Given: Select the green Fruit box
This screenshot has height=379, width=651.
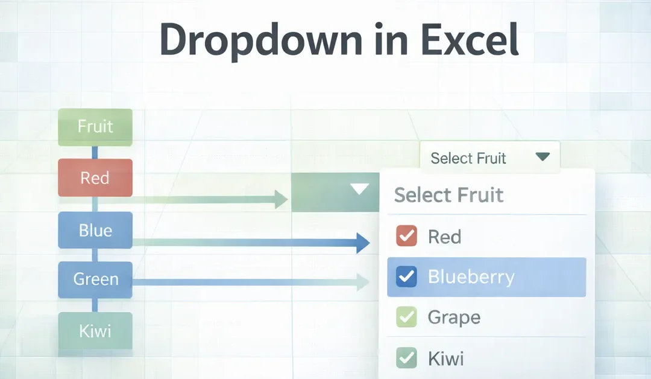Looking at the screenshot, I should pyautogui.click(x=95, y=127).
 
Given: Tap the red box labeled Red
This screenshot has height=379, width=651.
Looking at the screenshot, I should pyautogui.click(x=95, y=178).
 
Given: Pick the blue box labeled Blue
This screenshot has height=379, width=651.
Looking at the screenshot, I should pyautogui.click(x=95, y=231).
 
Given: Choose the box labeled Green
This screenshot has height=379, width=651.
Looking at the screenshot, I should pyautogui.click(x=95, y=279).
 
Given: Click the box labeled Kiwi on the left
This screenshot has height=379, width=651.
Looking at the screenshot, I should pyautogui.click(x=95, y=331).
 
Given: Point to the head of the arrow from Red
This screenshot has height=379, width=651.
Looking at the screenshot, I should pyautogui.click(x=281, y=199).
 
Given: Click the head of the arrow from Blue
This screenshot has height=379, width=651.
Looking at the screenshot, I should pyautogui.click(x=362, y=243).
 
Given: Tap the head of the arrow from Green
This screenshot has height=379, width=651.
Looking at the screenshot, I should pyautogui.click(x=363, y=281).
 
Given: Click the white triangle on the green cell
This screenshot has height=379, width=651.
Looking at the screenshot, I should pyautogui.click(x=359, y=189).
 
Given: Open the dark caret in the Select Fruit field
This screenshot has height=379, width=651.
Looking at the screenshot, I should pyautogui.click(x=542, y=158).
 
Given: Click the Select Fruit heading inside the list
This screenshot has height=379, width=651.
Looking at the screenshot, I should pyautogui.click(x=448, y=195).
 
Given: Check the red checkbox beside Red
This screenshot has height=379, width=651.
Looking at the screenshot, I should pyautogui.click(x=406, y=236).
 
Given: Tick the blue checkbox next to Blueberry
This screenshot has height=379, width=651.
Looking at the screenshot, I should pyautogui.click(x=406, y=277).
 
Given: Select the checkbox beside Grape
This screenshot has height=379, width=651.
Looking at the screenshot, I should pyautogui.click(x=406, y=317).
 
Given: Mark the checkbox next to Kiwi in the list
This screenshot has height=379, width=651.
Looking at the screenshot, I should pyautogui.click(x=406, y=358).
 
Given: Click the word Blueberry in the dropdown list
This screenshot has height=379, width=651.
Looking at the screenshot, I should pyautogui.click(x=471, y=277).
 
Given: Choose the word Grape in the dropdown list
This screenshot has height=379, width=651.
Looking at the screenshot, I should pyautogui.click(x=453, y=317).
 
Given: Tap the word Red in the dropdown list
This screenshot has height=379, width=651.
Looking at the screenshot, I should pyautogui.click(x=444, y=237).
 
